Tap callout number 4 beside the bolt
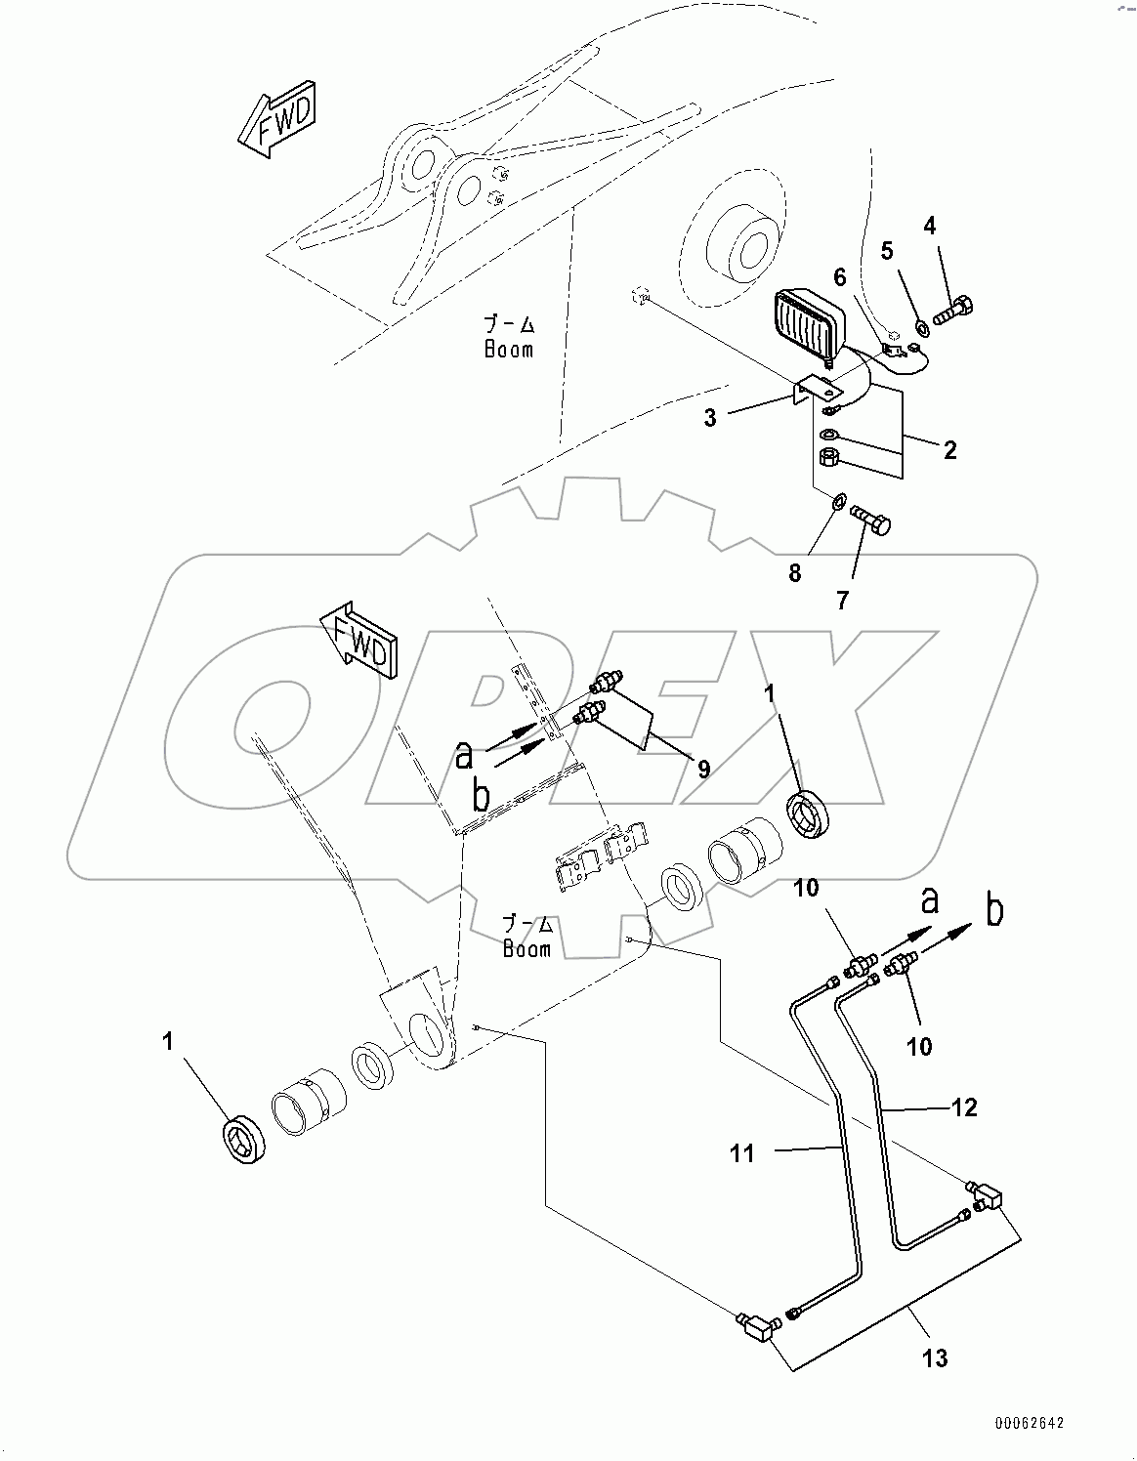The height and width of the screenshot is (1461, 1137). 929,227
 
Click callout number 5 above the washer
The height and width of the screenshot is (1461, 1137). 887,251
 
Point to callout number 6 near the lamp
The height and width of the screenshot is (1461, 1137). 839,277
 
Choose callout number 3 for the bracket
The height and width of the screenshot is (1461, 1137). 710,418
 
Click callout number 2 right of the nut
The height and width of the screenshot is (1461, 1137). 948,450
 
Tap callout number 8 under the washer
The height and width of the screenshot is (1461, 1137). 794,574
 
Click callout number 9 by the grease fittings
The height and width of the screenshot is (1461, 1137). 703,769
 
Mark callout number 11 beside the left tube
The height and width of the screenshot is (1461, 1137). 742,1153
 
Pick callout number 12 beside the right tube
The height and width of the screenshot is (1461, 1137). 964,1107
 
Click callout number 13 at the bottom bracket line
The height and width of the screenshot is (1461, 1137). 935,1357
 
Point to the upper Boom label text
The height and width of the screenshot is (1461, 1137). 510,337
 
